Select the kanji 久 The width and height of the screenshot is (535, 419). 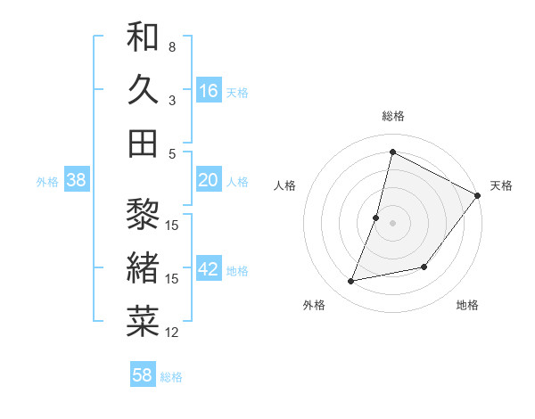pos(143,90)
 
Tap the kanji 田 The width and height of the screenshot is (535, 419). pos(143,144)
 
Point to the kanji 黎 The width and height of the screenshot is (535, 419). pos(143,214)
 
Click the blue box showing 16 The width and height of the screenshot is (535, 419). pos(209,90)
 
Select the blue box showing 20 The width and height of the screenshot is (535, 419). pos(209,180)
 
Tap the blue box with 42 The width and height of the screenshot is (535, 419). pos(209,269)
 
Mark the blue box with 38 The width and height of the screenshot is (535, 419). pos(77,180)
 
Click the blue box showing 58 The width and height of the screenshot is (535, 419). pos(143,375)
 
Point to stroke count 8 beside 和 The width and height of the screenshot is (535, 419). pos(172,46)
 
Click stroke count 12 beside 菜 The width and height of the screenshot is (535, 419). pos(172,333)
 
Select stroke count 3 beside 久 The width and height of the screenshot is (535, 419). pos(172,101)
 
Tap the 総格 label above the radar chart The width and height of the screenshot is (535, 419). pos(393,116)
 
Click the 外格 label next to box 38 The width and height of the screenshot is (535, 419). pos(47,181)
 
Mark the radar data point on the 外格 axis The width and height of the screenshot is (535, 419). pos(351,282)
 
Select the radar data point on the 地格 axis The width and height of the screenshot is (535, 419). pos(425,267)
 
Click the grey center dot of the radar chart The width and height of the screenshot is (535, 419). pos(393,223)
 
